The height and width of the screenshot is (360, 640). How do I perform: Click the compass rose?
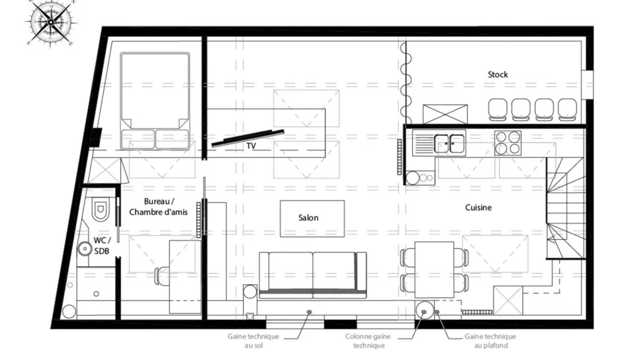pyautogui.click(x=51, y=22)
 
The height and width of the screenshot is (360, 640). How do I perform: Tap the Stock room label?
pyautogui.click(x=498, y=75)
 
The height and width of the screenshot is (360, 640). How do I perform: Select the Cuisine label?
pyautogui.click(x=478, y=207)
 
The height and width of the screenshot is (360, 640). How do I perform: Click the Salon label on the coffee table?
pyautogui.click(x=308, y=218)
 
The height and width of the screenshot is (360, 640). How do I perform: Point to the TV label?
pyautogui.click(x=251, y=146)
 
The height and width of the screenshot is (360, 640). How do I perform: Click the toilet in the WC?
pyautogui.click(x=100, y=209)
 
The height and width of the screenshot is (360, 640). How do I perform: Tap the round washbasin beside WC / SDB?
pyautogui.click(x=85, y=249)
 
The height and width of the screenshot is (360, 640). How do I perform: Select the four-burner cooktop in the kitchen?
pyautogui.click(x=508, y=143)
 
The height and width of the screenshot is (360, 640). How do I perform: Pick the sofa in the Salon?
pyautogui.click(x=313, y=275)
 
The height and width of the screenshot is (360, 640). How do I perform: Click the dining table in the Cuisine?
pyautogui.click(x=434, y=270)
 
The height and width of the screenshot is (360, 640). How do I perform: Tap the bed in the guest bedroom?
pyautogui.click(x=155, y=101)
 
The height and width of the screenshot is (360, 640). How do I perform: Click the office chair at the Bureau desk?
pyautogui.click(x=162, y=276)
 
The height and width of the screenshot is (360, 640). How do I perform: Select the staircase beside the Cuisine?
pyautogui.click(x=566, y=208)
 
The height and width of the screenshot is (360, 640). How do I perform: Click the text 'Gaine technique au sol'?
pyautogui.click(x=253, y=341)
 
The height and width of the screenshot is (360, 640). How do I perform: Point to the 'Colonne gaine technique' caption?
pyautogui.click(x=368, y=341)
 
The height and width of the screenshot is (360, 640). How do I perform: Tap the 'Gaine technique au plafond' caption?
pyautogui.click(x=491, y=341)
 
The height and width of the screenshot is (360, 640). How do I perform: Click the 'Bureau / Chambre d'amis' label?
pyautogui.click(x=158, y=206)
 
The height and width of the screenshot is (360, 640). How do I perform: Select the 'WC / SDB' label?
pyautogui.click(x=102, y=245)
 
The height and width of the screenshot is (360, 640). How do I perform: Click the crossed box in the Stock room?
pyautogui.click(x=445, y=114)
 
